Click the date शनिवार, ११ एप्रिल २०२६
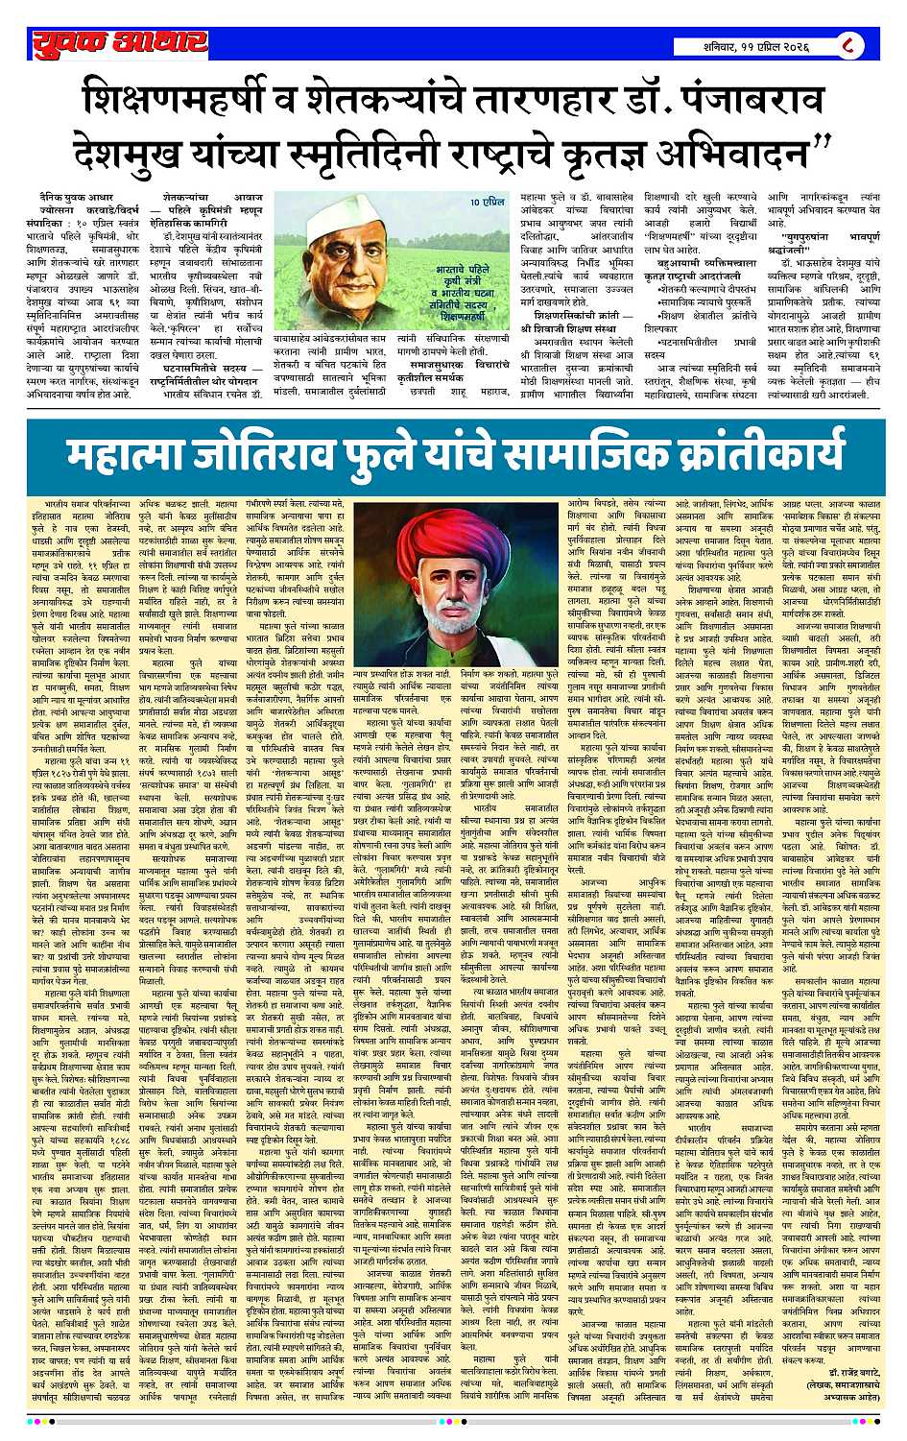pos(755,45)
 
